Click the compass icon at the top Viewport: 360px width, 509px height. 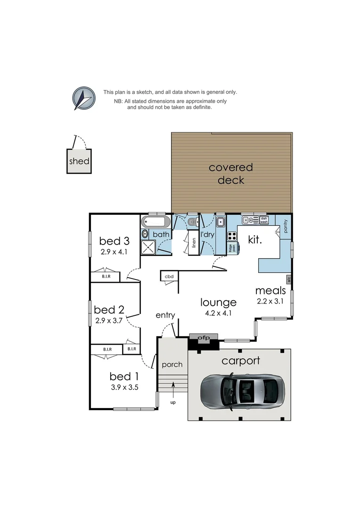[83, 99]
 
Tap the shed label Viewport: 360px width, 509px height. [79, 161]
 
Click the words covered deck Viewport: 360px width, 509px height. [231, 173]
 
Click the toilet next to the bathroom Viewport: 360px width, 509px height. [191, 222]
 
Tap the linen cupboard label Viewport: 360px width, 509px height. [194, 243]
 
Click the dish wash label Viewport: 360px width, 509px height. [264, 220]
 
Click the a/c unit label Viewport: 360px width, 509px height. [289, 279]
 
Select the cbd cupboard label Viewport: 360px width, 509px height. [168, 277]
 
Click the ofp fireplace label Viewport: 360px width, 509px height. [203, 337]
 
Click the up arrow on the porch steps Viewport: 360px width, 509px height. [173, 388]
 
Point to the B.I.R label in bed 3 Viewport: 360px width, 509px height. [106, 277]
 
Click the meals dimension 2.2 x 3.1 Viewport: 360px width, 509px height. [270, 301]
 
